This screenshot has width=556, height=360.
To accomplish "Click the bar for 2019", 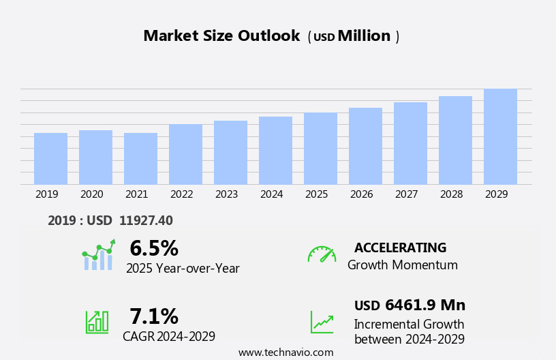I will coord(50,159).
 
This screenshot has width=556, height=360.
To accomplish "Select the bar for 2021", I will coord(140,159).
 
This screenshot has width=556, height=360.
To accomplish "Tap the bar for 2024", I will coord(275,151).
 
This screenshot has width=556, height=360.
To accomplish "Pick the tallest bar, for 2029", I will coord(500,136).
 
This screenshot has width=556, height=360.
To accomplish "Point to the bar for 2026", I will coord(365,146).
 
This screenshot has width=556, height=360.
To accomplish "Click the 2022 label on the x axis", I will coord(181,194).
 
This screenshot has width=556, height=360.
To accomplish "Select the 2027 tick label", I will coord(406,194).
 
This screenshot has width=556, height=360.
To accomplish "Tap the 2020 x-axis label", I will coord(91,194).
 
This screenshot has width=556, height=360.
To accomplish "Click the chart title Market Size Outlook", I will coord(221,36).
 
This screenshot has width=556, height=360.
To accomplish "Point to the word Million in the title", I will coord(364,36).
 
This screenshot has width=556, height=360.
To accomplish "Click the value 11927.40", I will coord(146,220).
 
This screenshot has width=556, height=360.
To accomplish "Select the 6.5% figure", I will coord(154,248).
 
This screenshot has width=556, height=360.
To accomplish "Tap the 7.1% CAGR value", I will coord(154,316).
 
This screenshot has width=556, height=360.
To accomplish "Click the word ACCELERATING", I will coord(400,247).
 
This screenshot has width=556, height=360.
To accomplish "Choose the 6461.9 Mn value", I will coord(425,305).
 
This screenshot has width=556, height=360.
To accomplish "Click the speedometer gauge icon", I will coord(322,254).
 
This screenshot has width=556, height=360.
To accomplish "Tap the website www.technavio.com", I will coord(285,352).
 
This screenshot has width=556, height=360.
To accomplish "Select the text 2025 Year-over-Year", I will coord(183,269).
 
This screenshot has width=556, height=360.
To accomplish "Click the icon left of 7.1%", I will coord(97,321).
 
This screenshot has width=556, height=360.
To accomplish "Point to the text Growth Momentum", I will coord(402,265).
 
